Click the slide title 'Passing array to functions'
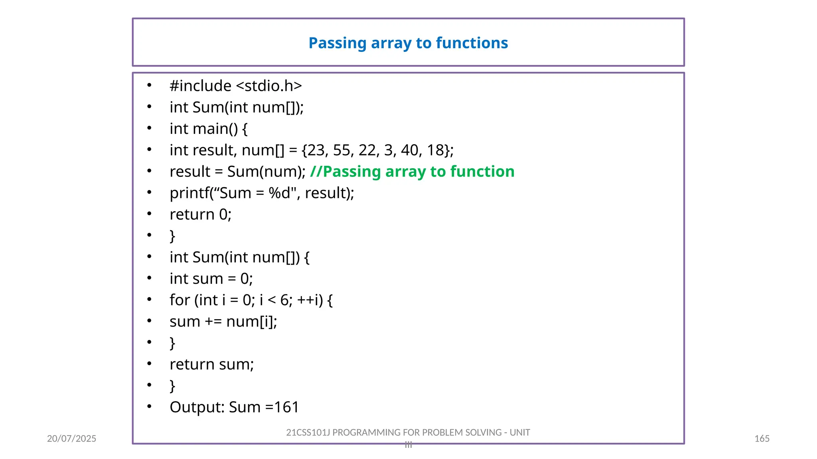(408, 43)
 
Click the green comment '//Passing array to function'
(412, 172)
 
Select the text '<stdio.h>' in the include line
(269, 86)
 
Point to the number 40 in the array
(409, 150)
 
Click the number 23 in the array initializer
(316, 150)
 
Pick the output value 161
(286, 407)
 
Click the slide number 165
(762, 439)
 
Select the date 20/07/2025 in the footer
(71, 439)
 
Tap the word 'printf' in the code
(189, 193)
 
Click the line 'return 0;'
(200, 215)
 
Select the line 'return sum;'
(211, 365)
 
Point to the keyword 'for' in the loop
(180, 300)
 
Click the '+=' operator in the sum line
(213, 322)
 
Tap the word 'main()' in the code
(215, 129)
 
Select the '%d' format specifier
(280, 193)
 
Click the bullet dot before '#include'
(149, 85)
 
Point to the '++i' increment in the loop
(310, 300)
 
